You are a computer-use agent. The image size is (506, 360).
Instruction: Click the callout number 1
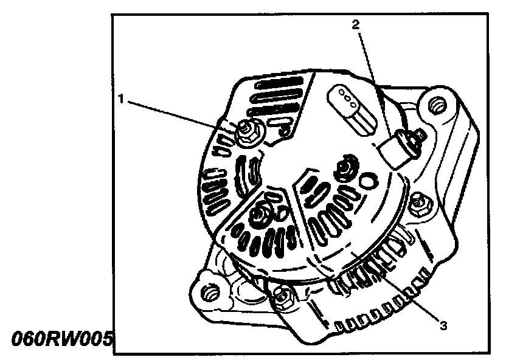click(122, 99)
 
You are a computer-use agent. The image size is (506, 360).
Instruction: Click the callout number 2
click(356, 25)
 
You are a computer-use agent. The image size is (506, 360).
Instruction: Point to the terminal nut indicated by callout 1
click(248, 130)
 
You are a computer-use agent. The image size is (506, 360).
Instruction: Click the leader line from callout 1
click(182, 114)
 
